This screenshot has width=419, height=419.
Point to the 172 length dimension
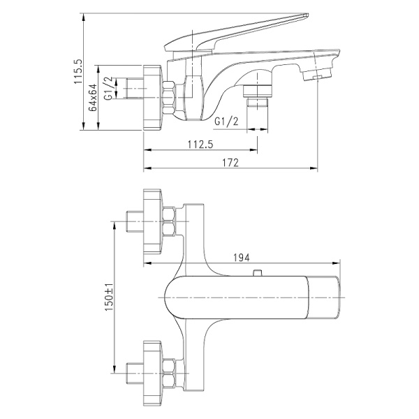click(x=231, y=163)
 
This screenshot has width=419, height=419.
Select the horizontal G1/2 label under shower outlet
click(x=227, y=122)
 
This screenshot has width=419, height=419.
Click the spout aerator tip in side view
click(x=323, y=73)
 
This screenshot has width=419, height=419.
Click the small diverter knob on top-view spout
click(x=258, y=273)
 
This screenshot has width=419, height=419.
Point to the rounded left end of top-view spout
click(x=170, y=297)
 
